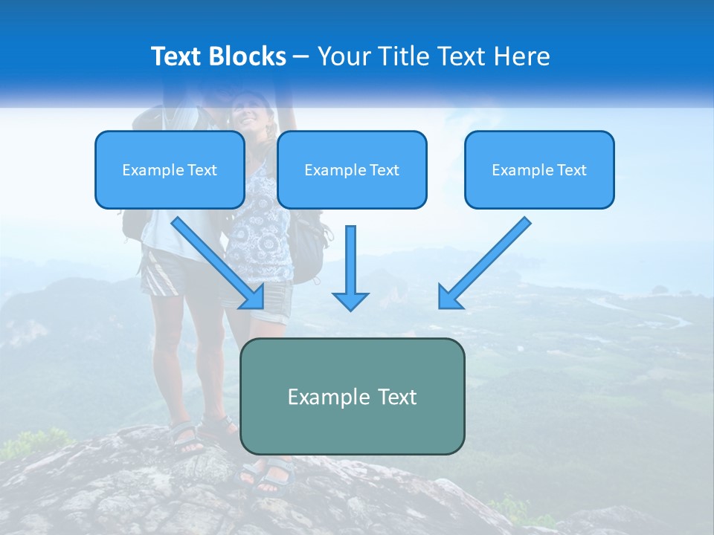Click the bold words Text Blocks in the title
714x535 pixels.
218,56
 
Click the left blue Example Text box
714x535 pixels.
170,170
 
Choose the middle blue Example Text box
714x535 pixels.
352,170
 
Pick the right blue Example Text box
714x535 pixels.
539,170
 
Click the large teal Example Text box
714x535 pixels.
352,397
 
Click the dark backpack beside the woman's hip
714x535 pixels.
306,245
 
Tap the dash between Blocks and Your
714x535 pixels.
302,56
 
